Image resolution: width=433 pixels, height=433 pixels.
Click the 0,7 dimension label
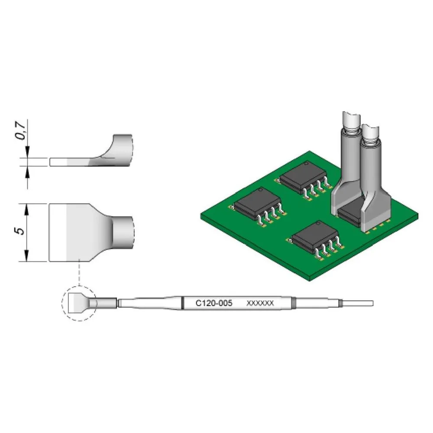pos(21,130)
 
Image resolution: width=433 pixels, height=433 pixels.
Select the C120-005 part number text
pos(214,303)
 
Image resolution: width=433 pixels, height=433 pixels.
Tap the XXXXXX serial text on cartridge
pos(260,303)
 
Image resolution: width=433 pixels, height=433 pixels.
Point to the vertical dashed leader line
pos(79,272)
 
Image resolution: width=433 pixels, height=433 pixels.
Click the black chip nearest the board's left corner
pos(257,204)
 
